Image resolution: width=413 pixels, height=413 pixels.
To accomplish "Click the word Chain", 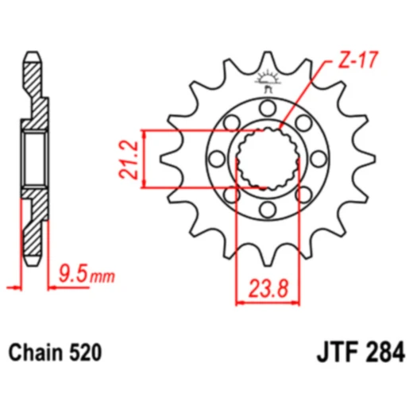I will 36,351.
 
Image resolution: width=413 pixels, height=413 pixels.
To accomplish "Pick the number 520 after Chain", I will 84,351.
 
